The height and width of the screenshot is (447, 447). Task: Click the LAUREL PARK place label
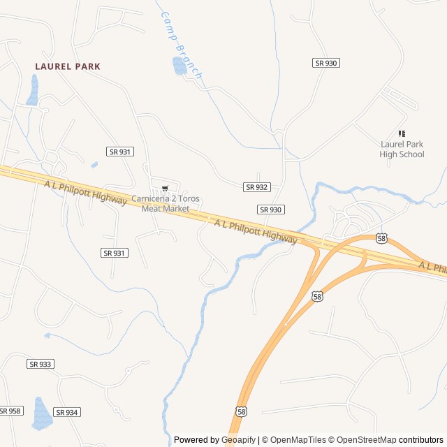pyautogui.click(x=68, y=66)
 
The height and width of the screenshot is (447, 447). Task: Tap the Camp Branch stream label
pyautogui.click(x=181, y=44)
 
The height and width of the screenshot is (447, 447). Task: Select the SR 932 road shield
pyautogui.click(x=257, y=187)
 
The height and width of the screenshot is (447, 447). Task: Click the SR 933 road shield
pyautogui.click(x=41, y=364)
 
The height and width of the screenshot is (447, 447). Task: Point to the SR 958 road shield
pyautogui.click(x=10, y=411)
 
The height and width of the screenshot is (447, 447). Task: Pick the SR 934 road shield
pyautogui.click(x=66, y=412)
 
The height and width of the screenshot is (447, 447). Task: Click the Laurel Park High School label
pyautogui.click(x=402, y=149)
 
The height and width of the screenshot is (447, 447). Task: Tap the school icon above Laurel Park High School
pyautogui.click(x=402, y=133)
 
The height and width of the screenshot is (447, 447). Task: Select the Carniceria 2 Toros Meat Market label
pyautogui.click(x=166, y=203)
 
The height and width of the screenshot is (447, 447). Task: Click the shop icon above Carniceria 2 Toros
pyautogui.click(x=165, y=189)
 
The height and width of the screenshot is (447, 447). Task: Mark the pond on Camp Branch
pyautogui.click(x=179, y=65)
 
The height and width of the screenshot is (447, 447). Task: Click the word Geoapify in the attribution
pyautogui.click(x=238, y=440)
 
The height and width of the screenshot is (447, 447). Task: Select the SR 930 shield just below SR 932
pyautogui.click(x=271, y=210)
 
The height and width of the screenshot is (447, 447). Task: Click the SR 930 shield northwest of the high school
pyautogui.click(x=326, y=63)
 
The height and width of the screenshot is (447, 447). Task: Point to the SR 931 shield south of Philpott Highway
pyautogui.click(x=115, y=253)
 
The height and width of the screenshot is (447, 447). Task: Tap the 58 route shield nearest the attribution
pyautogui.click(x=241, y=411)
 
